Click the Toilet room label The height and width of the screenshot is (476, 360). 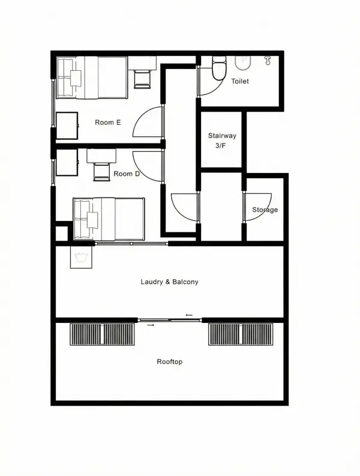tap(240, 81)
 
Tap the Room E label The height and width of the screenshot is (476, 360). tap(108, 122)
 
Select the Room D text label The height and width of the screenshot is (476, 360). tap(127, 173)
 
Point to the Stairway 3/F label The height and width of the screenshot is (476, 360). tap(222, 140)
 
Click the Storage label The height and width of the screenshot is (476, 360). tap(265, 209)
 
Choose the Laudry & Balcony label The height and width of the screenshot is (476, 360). tap(169, 282)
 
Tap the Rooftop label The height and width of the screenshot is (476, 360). tap(169, 361)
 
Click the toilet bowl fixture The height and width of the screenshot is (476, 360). tap(219, 68)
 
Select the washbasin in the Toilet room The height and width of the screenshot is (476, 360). tap(243, 62)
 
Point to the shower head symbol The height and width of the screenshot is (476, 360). tap(268, 60)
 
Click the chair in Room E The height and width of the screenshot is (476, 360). tap(142, 79)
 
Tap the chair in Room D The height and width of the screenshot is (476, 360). tap(101, 172)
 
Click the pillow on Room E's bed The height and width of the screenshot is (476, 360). tap(76, 78)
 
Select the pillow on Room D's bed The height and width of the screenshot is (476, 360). tap(92, 220)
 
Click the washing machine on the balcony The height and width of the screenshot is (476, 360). tap(81, 257)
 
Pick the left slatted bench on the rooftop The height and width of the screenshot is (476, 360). tap(102, 334)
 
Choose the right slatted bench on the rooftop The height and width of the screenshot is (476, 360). tap(241, 334)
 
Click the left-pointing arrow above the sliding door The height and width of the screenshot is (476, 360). tap(189, 315)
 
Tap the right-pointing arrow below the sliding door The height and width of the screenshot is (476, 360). tap(151, 325)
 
